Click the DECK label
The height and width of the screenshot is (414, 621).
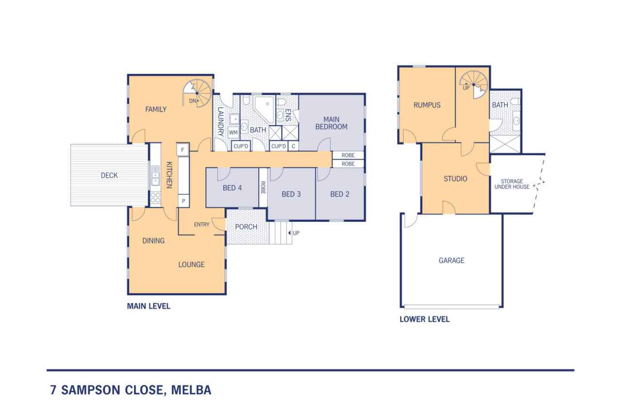109,176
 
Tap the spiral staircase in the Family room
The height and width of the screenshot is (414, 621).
197,93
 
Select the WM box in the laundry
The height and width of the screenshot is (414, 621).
233,132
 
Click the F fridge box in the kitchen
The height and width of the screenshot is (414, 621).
183,149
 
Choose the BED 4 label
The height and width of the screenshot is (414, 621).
232,188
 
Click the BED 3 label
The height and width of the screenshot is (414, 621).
291,194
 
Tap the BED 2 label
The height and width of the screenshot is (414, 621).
340,194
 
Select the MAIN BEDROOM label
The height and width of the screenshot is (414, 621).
331,123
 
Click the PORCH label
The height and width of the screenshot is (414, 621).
246,227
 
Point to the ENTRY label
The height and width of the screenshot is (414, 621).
202,224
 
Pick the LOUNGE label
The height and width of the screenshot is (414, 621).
191,265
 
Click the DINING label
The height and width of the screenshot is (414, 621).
153,240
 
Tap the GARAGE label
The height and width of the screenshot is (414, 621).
451,261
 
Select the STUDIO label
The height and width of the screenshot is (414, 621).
455,179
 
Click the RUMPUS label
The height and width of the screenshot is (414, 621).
427,105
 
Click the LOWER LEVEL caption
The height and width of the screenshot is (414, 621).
424,319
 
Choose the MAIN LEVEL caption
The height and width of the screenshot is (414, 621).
148,306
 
